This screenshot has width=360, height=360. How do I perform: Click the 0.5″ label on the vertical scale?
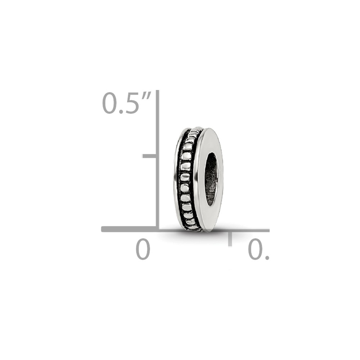point(126,103)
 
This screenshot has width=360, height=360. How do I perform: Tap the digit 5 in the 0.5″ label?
point(131,103)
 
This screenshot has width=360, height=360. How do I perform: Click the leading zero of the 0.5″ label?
point(109,103)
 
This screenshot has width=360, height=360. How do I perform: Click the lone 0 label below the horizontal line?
point(143,249)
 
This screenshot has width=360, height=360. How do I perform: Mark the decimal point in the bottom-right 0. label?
point(267,258)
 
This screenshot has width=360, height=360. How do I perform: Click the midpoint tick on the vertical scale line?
point(149,156)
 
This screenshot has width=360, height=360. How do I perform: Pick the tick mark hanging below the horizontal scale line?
point(230,239)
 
